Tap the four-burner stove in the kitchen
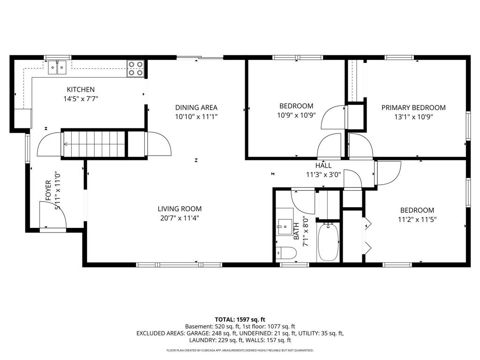coord(135,68)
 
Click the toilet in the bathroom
coord(286,253)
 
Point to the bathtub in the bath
coord(328,241)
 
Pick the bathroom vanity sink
coord(284,226)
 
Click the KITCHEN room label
coord(81,90)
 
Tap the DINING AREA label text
coord(196,107)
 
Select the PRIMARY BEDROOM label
coord(413,107)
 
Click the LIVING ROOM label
coord(180,209)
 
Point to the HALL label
coord(323,165)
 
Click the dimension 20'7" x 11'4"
coord(180,217)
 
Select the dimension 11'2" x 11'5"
coord(417,219)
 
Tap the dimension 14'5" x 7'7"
coord(81,98)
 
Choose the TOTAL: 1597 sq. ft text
coord(240,319)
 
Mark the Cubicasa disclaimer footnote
coord(240,350)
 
